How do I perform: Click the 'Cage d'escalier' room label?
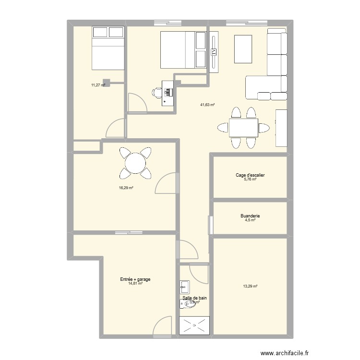click(x=250, y=175)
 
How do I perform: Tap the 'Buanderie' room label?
click(x=250, y=216)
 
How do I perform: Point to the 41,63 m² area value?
click(x=207, y=105)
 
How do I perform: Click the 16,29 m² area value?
click(x=126, y=188)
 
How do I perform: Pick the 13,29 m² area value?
click(x=250, y=287)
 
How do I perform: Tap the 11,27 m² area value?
click(x=98, y=85)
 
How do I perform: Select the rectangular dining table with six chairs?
click(x=243, y=128)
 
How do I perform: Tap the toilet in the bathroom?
click(x=186, y=303)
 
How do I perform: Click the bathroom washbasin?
click(x=185, y=287)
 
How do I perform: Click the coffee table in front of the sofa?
click(x=243, y=48)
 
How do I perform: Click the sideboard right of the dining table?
click(x=281, y=128)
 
